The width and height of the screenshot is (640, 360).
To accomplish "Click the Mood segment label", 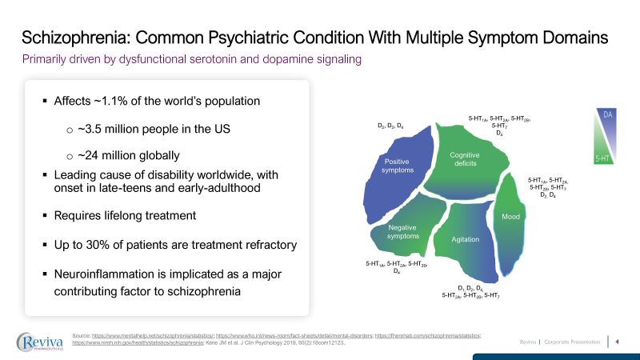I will (510, 218).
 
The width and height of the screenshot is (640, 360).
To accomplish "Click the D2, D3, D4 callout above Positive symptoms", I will (395, 126).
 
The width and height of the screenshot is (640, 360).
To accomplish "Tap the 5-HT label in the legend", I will (604, 159).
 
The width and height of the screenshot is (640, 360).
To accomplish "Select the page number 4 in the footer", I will (618, 342).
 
